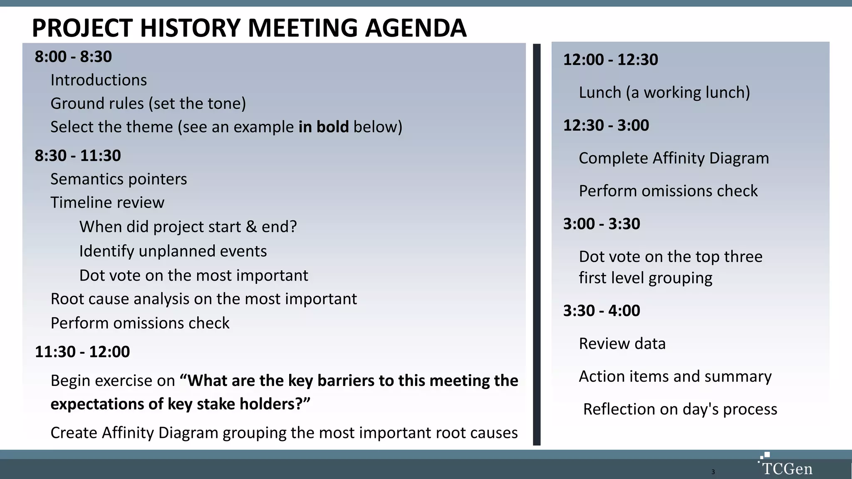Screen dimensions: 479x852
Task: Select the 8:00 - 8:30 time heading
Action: [73, 57]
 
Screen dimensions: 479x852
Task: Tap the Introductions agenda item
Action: [99, 80]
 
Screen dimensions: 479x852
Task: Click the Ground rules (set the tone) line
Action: [148, 103]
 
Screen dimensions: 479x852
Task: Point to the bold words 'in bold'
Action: [323, 127]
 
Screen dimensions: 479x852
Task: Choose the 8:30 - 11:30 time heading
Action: [78, 156]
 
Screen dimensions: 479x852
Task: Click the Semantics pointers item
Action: [119, 179]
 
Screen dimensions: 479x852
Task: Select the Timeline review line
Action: [107, 202]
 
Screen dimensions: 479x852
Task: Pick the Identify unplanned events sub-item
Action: [173, 251]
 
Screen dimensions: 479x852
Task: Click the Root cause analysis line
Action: [203, 299]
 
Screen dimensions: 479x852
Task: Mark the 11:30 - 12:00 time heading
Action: [82, 352]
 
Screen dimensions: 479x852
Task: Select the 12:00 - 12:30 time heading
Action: [610, 59]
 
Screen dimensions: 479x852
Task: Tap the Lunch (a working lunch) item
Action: [664, 92]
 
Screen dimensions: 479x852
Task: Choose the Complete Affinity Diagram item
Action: [674, 158]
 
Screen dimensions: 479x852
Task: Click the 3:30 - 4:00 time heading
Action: [602, 311]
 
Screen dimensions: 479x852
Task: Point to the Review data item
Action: [622, 343]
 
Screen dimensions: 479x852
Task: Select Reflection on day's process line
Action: [680, 409]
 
